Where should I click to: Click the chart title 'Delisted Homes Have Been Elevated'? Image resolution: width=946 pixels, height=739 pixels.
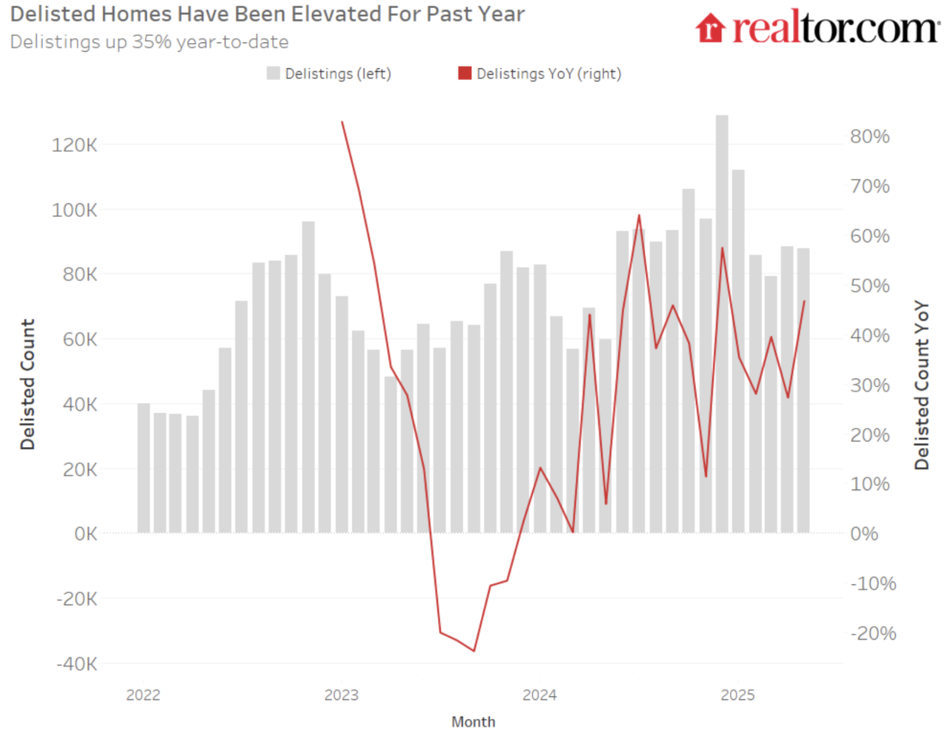click(267, 14)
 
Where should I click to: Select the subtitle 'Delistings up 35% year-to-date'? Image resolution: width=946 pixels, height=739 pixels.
click(149, 42)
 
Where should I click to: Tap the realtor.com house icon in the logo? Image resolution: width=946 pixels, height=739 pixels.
click(710, 28)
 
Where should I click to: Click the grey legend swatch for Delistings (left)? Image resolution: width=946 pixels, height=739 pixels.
click(273, 73)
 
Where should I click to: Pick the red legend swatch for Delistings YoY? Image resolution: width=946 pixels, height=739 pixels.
click(465, 73)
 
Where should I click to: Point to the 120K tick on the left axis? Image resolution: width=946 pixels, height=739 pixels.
click(75, 145)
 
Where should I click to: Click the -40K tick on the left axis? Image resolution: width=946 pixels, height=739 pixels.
click(76, 664)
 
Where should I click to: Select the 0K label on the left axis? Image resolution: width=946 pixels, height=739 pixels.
click(86, 533)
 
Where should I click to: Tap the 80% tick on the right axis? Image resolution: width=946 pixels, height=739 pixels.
click(870, 136)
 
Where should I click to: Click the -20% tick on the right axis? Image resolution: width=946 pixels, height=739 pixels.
click(873, 633)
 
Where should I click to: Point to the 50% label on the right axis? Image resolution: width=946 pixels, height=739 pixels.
click(870, 286)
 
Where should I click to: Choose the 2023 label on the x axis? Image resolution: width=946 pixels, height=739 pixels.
click(341, 695)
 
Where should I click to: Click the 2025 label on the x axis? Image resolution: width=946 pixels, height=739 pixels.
click(737, 695)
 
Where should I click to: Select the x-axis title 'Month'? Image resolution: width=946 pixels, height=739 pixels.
click(473, 722)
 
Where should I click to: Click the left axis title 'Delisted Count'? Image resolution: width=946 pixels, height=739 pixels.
click(28, 384)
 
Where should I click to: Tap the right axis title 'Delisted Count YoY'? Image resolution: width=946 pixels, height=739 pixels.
click(921, 386)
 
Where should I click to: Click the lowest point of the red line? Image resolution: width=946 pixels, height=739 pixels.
click(474, 650)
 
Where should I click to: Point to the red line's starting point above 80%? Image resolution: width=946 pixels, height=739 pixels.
click(342, 122)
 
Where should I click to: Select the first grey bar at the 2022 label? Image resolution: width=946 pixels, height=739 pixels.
click(144, 468)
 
